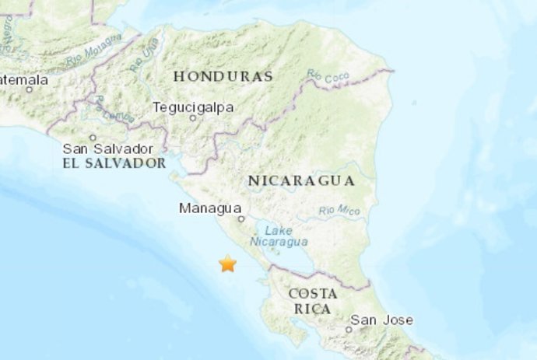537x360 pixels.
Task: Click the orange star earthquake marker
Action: click(x=227, y=264)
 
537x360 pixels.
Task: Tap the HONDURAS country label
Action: click(x=223, y=76)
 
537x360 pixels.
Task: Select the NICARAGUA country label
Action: click(x=301, y=180)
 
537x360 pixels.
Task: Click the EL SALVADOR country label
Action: click(x=114, y=163)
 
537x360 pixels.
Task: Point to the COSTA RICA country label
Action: click(x=312, y=301)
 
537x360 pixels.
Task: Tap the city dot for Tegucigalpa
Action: click(x=194, y=118)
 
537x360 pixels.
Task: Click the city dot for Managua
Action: click(x=241, y=219)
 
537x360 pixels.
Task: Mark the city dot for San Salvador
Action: click(x=93, y=138)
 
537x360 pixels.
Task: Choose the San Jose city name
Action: click(x=381, y=320)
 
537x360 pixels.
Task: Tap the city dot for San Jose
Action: click(x=349, y=329)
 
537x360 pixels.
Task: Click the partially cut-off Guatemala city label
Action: click(x=23, y=79)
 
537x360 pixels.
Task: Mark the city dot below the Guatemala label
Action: click(x=30, y=89)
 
